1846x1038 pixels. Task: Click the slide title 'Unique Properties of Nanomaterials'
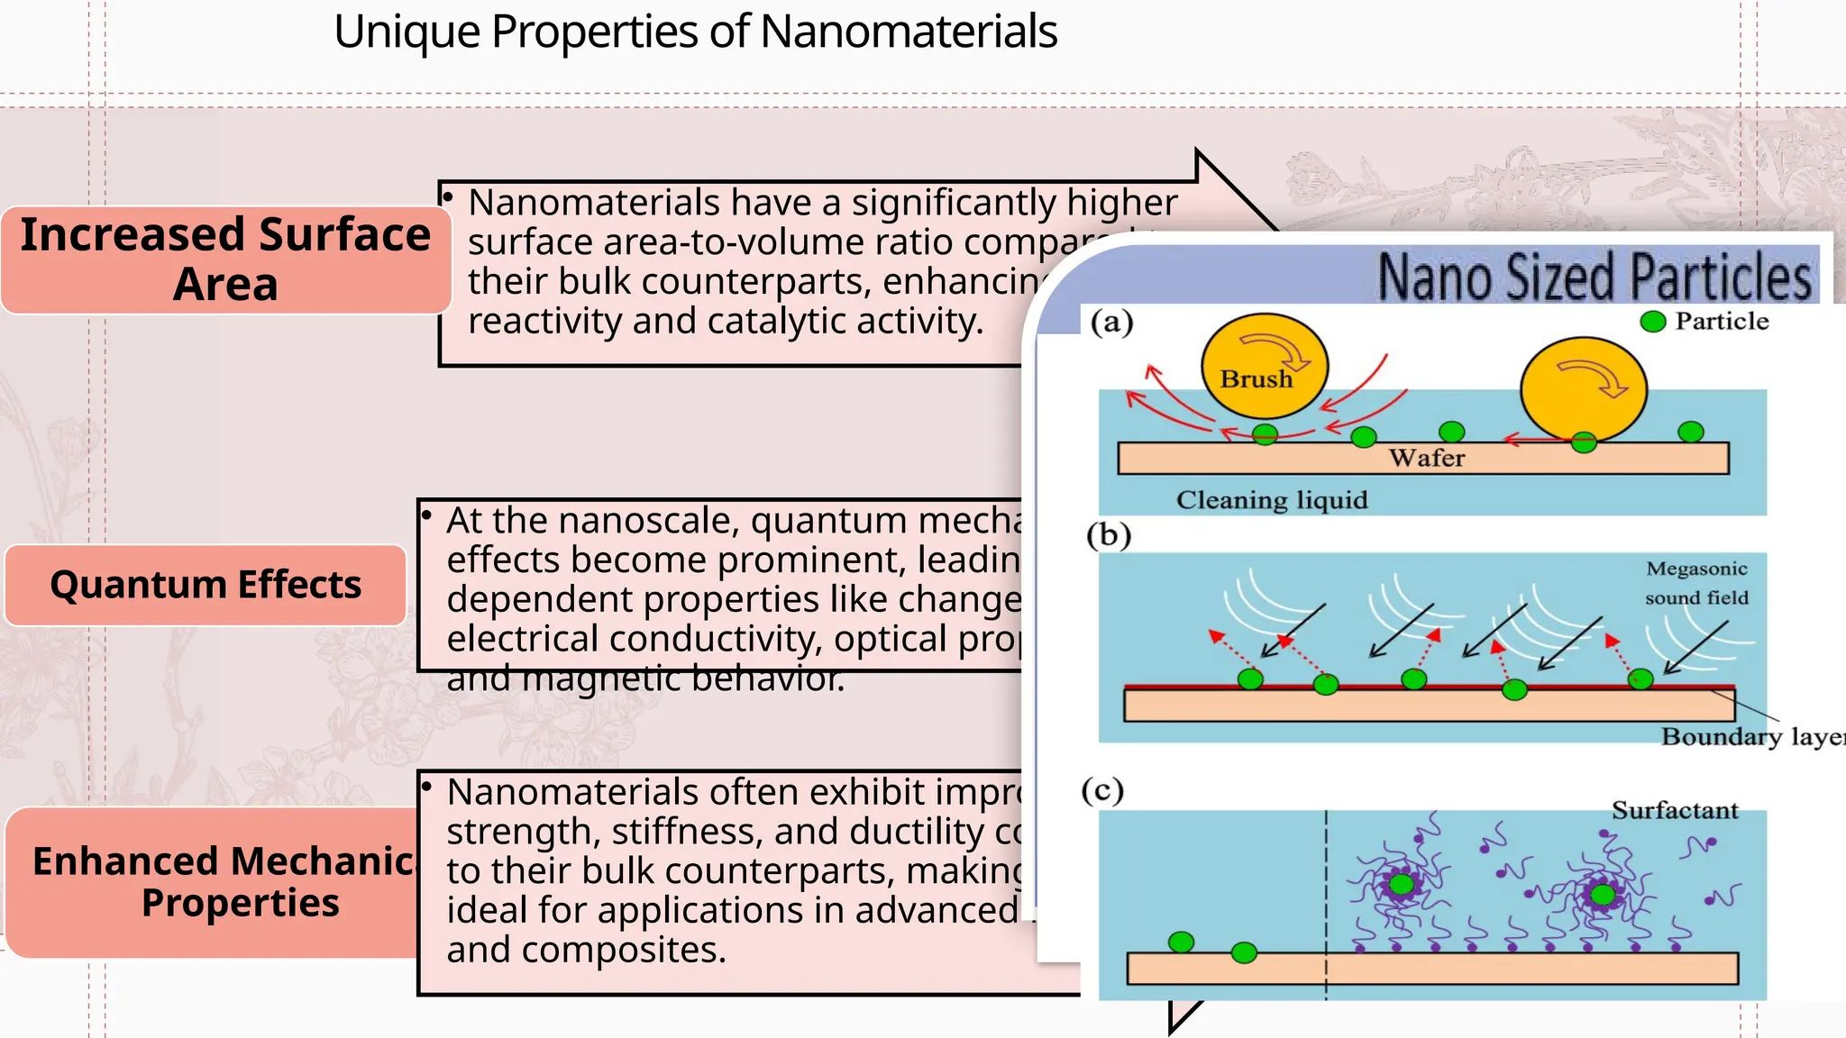click(694, 32)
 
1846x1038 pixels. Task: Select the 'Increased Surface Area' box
click(225, 259)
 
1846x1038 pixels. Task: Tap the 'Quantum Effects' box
click(206, 585)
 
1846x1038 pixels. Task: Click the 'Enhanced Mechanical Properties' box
click(216, 881)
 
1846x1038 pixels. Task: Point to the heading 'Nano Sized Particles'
click(1594, 278)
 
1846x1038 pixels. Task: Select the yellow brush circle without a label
click(1583, 389)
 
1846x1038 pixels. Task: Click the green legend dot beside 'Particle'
click(1652, 322)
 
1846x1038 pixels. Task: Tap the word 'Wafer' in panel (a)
click(1427, 458)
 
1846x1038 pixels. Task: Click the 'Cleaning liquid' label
click(1271, 500)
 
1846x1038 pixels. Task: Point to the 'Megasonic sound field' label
click(1696, 583)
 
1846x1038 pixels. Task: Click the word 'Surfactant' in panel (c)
click(1674, 810)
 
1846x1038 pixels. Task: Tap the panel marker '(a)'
click(1111, 322)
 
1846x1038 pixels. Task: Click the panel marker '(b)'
click(1109, 535)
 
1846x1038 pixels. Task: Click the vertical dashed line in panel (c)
click(1326, 901)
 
